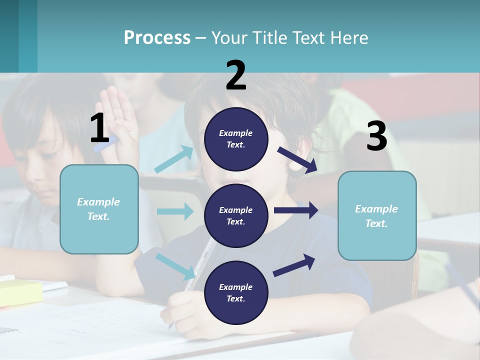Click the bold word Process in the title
(x=157, y=38)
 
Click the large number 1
(x=99, y=128)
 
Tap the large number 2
(x=236, y=75)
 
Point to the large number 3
(x=376, y=136)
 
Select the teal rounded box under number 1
(x=99, y=209)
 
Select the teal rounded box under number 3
(x=377, y=215)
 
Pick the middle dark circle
(x=236, y=215)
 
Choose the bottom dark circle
(x=236, y=292)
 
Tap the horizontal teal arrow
(x=175, y=211)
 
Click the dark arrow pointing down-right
(x=297, y=160)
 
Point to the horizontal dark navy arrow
(x=295, y=210)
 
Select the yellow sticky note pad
(x=20, y=292)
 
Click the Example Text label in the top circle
(x=236, y=139)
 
